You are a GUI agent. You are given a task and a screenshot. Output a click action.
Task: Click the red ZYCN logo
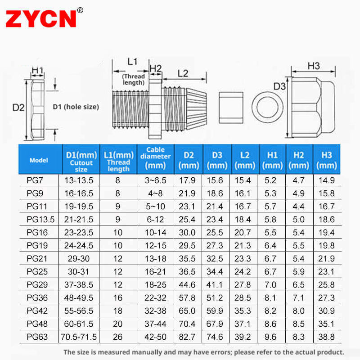pos(41,19)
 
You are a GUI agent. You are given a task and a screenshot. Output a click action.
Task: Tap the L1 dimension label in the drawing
pos(132,62)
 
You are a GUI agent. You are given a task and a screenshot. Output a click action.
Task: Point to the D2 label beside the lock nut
pos(18,108)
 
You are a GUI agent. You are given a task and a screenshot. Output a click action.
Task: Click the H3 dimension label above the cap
pos(313,66)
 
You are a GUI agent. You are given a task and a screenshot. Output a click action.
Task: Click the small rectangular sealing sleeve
pos(231,108)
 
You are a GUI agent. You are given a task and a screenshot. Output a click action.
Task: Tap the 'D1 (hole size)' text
pos(76,107)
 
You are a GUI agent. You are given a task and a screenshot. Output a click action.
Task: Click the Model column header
pos(39,160)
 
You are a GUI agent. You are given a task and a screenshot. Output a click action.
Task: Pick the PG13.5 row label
pos(40,220)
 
